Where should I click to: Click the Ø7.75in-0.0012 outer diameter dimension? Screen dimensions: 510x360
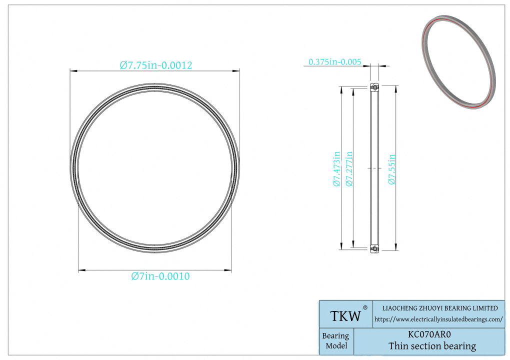[156, 65]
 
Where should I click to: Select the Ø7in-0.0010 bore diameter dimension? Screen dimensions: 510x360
[160, 276]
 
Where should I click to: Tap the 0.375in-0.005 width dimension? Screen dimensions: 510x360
[334, 62]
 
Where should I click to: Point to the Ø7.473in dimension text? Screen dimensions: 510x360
[336, 168]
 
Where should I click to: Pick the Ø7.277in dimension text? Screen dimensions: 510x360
[349, 168]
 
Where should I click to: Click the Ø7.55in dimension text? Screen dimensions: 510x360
[391, 169]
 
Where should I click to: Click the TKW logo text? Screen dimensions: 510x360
[345, 316]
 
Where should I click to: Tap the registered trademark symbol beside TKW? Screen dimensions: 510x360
[365, 307]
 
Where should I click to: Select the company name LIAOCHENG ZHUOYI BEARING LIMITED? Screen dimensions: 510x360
[439, 308]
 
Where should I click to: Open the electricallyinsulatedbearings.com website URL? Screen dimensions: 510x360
[438, 319]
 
